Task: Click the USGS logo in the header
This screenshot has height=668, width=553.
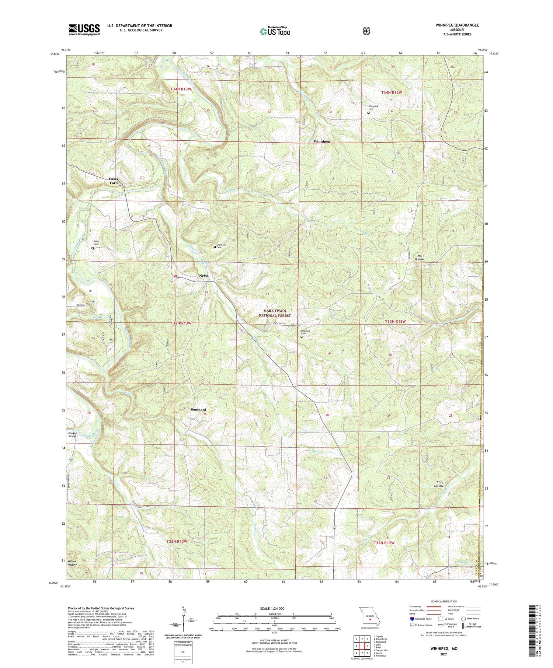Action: coord(84,29)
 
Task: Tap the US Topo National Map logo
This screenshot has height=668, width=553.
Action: coord(275,31)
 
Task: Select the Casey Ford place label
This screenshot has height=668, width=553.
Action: coord(114,181)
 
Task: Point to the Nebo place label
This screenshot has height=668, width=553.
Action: coord(204,276)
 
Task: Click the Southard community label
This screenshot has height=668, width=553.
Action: coord(198,410)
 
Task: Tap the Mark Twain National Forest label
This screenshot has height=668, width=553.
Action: coord(274,313)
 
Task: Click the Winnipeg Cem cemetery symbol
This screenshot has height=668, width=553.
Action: coord(368,113)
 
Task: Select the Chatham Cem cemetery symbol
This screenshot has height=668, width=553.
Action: coord(215,247)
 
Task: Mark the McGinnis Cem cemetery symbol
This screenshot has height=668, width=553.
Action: coord(301,336)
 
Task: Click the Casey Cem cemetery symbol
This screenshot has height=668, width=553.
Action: coord(93,248)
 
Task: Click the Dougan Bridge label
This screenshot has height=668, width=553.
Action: coord(73,434)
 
